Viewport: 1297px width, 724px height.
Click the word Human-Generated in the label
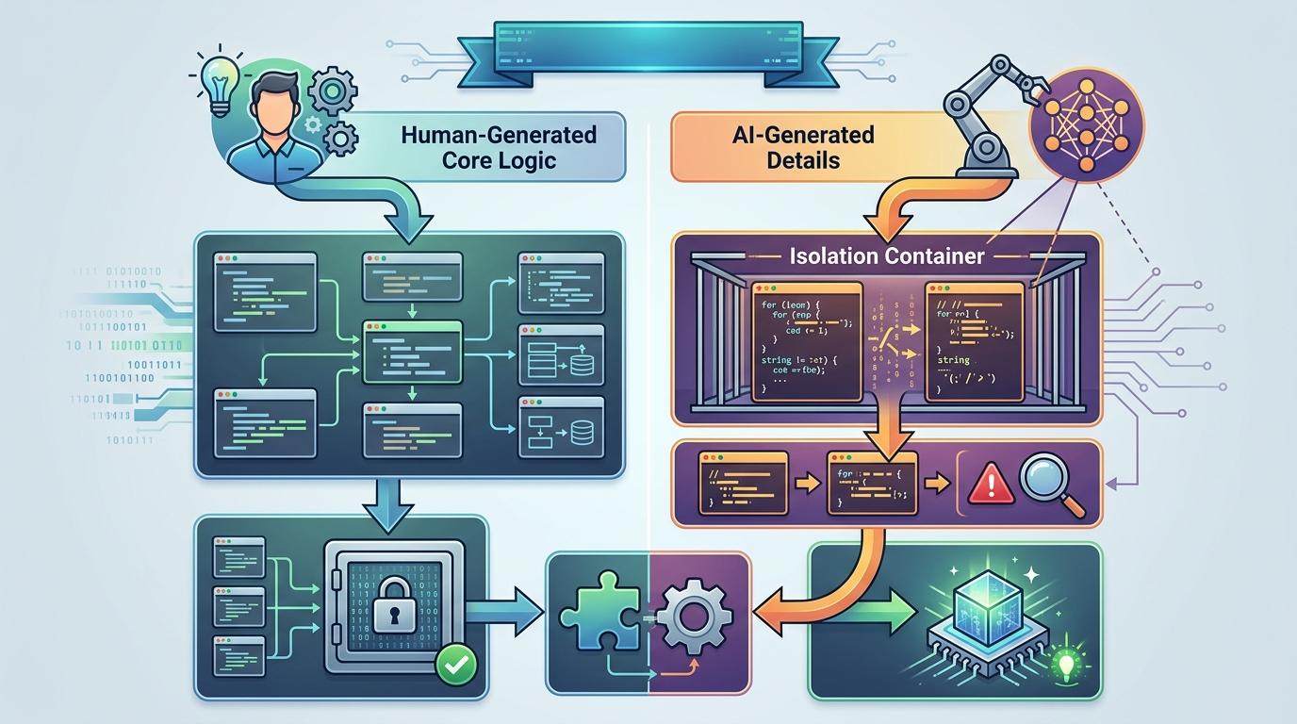click(499, 135)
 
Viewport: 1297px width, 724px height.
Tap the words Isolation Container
click(887, 255)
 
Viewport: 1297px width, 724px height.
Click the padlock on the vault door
click(393, 608)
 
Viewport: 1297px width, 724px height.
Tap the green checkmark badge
click(457, 665)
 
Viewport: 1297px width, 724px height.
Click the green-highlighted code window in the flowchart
click(413, 351)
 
